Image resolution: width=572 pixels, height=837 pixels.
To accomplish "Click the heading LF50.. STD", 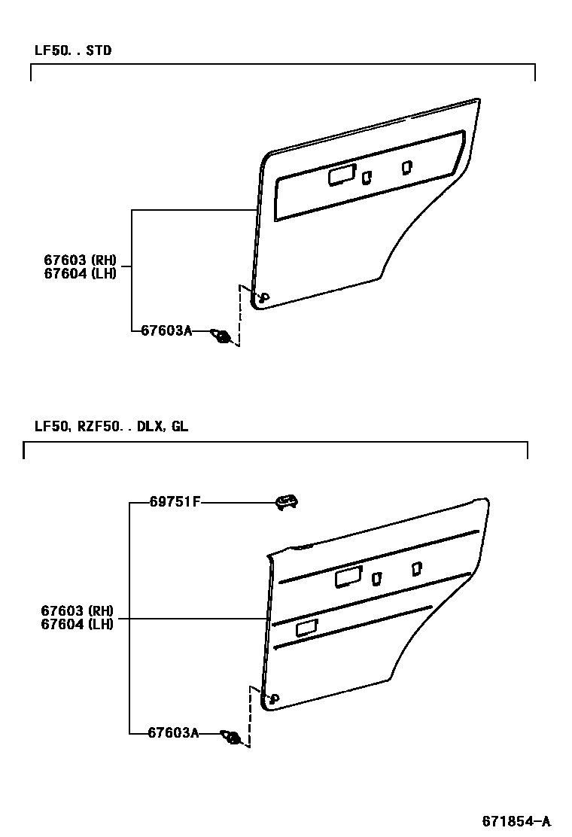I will pos(73,51).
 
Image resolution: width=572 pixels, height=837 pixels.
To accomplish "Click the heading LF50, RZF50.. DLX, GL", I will pos(111,427).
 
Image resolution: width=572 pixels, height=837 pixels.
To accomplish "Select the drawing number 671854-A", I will pos(516,820).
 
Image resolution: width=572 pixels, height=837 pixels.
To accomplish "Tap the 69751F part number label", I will pos(175,502).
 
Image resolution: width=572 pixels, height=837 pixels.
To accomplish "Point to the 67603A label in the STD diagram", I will pos(166,330).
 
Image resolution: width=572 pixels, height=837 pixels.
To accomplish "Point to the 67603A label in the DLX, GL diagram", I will pos(172,732).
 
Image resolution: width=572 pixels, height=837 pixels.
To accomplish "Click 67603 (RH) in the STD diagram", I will pos(79,260).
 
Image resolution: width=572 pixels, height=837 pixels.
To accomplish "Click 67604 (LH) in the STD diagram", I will pos(79,273).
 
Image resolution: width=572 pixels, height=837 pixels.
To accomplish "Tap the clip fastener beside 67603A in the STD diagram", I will pos(221,336).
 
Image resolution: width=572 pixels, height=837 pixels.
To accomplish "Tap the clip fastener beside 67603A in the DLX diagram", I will pos(231,737).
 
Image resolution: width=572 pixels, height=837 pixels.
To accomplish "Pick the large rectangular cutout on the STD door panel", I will pos(342,176).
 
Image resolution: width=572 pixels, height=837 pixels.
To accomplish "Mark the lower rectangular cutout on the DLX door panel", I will pos(307,627).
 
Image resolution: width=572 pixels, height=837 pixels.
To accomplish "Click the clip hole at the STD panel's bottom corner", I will pos(263,298).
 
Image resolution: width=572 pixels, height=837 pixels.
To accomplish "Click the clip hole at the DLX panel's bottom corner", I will pos(272,699).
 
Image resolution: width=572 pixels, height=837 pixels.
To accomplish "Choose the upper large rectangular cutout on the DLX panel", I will pos(348,577).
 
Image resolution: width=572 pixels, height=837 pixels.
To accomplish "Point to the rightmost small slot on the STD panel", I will pos(407,167).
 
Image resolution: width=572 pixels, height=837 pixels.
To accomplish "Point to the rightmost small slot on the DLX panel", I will pos(416,569).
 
